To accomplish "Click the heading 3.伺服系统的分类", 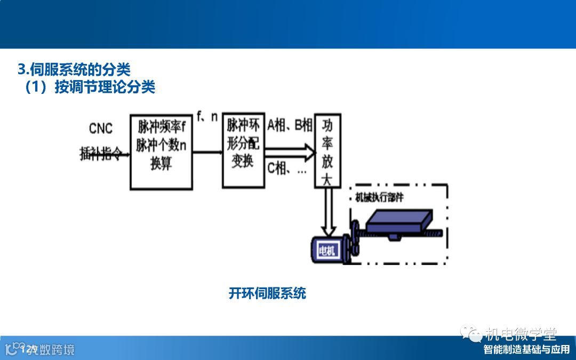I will tap(74, 69).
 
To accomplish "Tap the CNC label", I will tap(101, 129).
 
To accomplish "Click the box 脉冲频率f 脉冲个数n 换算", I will tap(162, 151).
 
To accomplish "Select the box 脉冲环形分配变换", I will tap(243, 150).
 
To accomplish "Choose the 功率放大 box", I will tap(327, 151).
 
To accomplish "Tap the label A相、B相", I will tap(290, 126).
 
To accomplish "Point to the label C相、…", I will tap(286, 169).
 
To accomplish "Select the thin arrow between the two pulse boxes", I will tap(207, 153).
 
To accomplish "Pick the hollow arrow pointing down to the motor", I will tap(327, 212).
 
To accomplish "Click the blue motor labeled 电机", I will tap(326, 250).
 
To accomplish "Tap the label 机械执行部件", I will tap(379, 197).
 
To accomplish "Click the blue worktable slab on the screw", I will tap(401, 221).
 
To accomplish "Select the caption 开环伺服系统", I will tap(267, 293).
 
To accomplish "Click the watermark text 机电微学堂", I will tap(521, 334).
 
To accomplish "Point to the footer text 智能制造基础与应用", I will tap(526, 350).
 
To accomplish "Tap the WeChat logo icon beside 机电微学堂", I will tap(471, 334).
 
